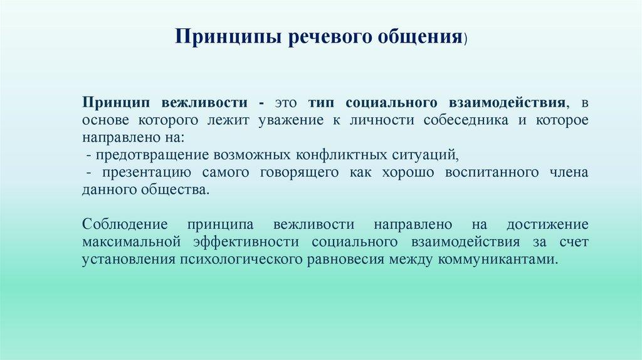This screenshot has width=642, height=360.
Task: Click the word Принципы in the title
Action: pyautogui.click(x=228, y=37)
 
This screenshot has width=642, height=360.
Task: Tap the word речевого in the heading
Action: pyautogui.click(x=329, y=37)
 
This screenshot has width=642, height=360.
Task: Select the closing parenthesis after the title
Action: pyautogui.click(x=465, y=38)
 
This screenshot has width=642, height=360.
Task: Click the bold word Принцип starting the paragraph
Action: pyautogui.click(x=116, y=102)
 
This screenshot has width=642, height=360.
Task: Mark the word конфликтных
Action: pyautogui.click(x=342, y=155)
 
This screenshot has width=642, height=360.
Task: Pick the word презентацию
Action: pyautogui.click(x=147, y=173)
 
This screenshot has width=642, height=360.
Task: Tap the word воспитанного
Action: pyautogui.click(x=492, y=173)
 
